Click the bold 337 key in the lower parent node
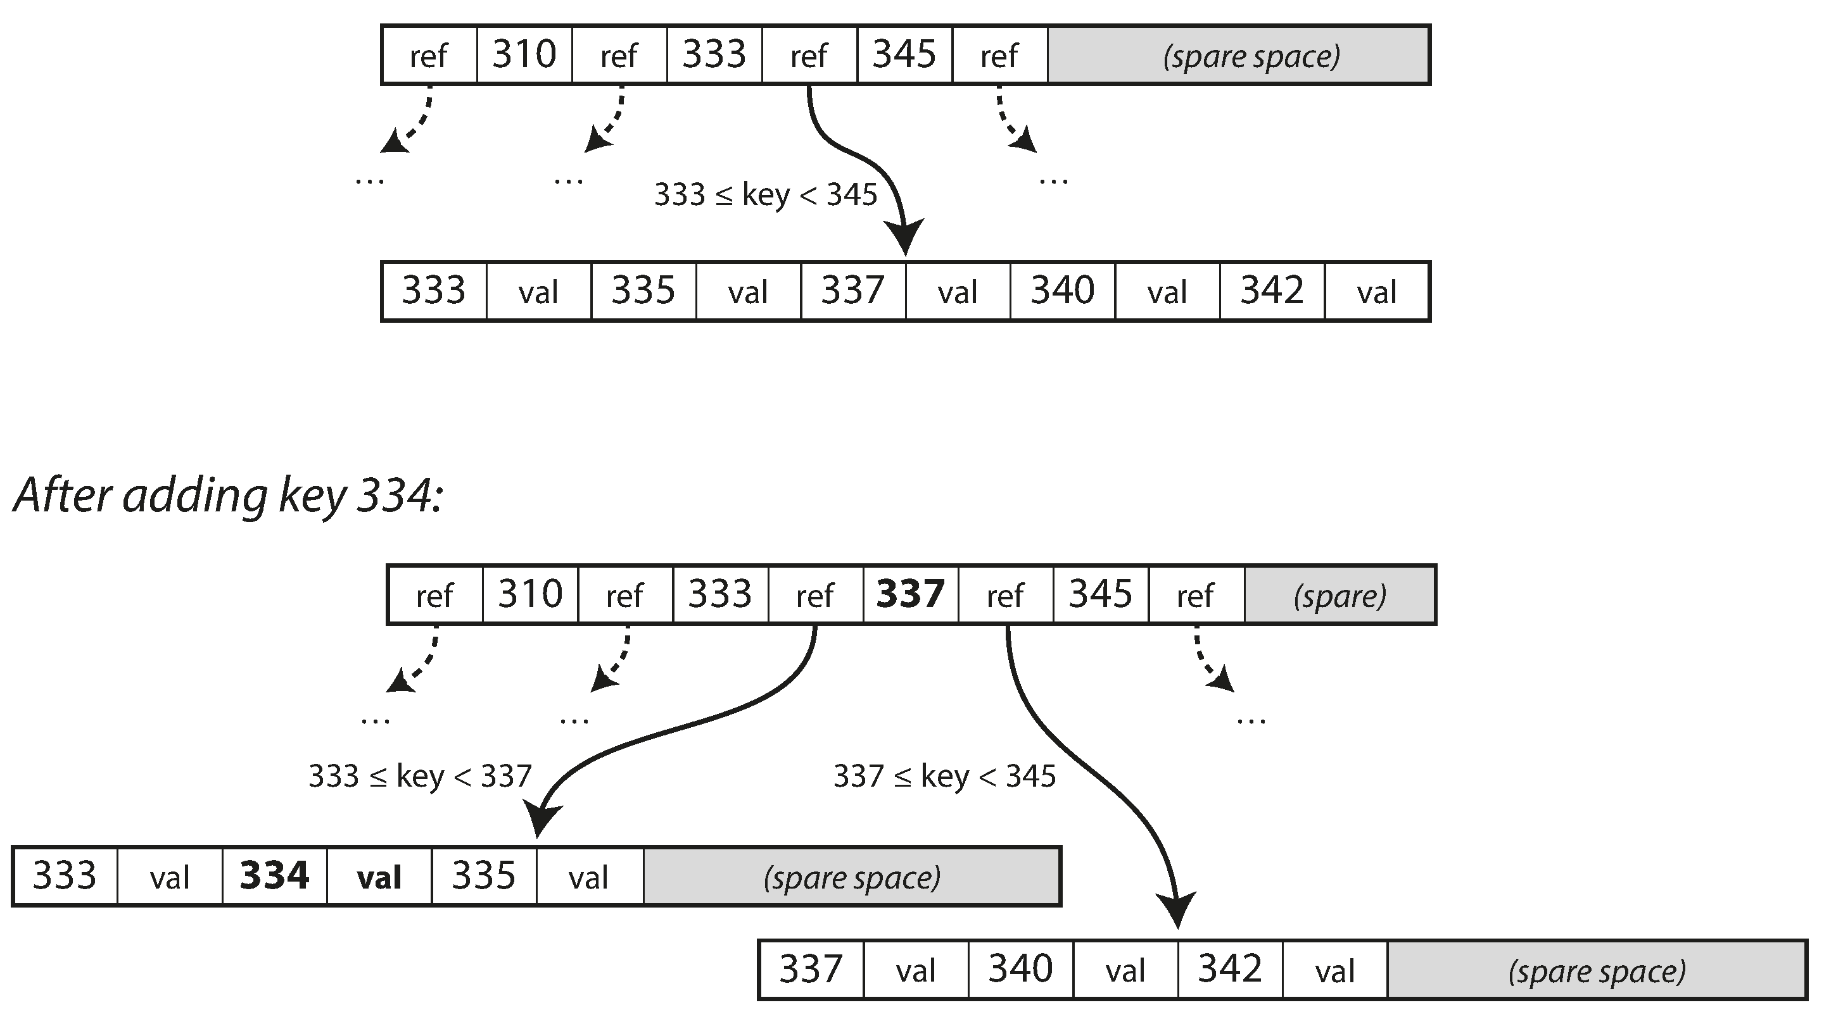pos(910,594)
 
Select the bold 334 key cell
pos(274,876)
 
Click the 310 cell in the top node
pos(524,54)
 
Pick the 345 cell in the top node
pos(904,54)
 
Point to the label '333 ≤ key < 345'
pos(766,194)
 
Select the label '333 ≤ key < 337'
pos(420,777)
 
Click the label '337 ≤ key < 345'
pos(944,777)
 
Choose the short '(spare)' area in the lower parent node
pos(1339,595)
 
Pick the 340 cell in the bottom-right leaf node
pos(1020,969)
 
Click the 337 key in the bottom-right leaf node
pos(810,969)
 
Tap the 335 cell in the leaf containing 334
pos(484,876)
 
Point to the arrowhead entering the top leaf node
pos(904,237)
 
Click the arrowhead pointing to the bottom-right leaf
pos(1176,909)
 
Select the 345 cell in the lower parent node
pos(1100,594)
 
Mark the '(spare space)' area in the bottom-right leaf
pos(1597,970)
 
